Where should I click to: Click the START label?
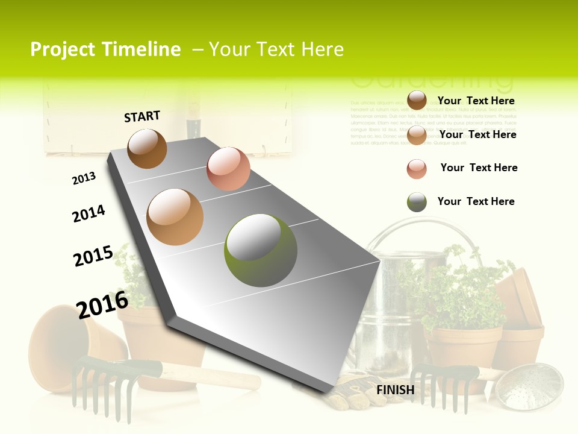point(142,116)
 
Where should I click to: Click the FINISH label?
point(396,390)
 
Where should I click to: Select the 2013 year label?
point(84,178)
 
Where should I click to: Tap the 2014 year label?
point(89,213)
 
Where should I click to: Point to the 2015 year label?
point(93,256)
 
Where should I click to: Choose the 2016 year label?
point(102,304)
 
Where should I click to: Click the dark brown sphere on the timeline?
point(147,148)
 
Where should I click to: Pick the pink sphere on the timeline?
point(228,169)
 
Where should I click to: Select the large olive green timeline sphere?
point(261,250)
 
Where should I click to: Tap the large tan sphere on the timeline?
point(175,217)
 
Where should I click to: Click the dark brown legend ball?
point(417,100)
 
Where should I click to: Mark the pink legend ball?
point(417,169)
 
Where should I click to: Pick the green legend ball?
point(417,203)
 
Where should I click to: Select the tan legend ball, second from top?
point(417,135)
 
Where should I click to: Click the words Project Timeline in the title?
point(105,49)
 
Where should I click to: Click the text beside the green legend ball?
point(476,201)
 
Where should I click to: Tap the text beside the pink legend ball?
point(479,168)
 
